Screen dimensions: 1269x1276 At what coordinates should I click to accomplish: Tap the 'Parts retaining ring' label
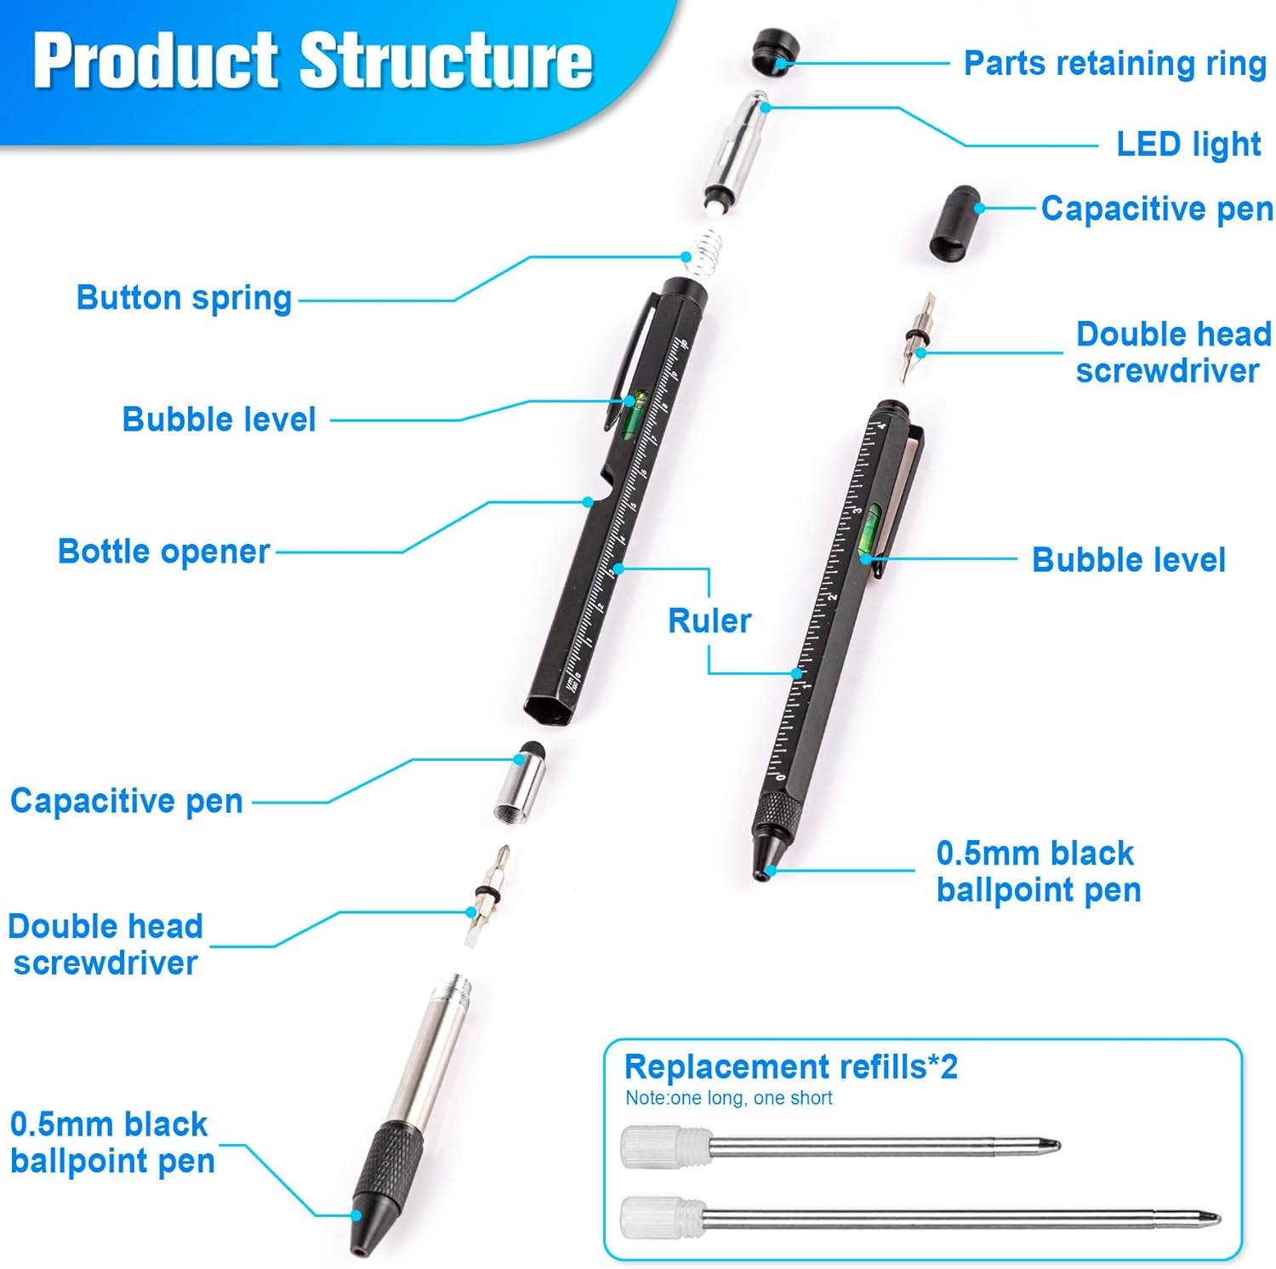(x=1114, y=64)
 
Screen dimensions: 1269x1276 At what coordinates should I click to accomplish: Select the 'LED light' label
(x=1188, y=145)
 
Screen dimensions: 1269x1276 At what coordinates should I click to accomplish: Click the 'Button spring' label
(x=184, y=298)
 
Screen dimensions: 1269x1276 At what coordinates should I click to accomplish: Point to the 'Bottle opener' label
(x=163, y=552)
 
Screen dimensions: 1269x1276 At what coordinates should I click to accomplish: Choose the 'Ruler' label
(x=709, y=621)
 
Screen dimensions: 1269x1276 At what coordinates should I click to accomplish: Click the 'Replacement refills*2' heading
(x=790, y=1066)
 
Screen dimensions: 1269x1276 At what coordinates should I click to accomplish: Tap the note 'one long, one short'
(x=728, y=1098)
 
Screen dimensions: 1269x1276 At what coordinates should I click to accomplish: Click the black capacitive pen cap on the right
(x=952, y=223)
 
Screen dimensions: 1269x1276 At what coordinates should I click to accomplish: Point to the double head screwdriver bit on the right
(x=917, y=337)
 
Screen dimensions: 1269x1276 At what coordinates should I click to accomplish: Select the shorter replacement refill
(x=839, y=1146)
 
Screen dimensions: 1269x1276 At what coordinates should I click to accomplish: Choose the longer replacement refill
(x=919, y=1217)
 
